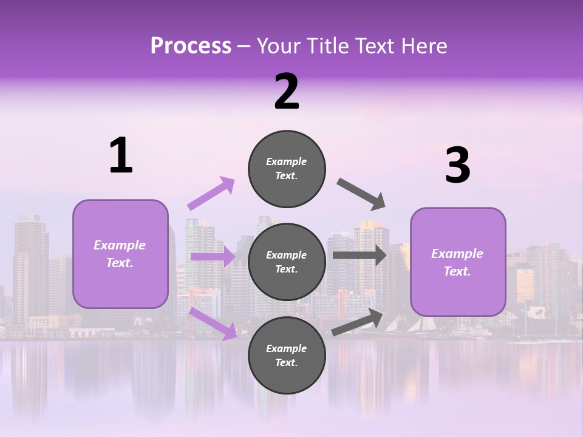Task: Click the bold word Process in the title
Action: tap(191, 46)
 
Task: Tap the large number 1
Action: tap(121, 156)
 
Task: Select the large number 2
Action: tap(287, 92)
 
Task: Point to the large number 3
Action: tap(457, 166)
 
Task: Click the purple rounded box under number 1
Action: tap(120, 254)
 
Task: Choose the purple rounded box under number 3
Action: tap(457, 262)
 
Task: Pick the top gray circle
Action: tap(287, 169)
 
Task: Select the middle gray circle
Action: tap(287, 262)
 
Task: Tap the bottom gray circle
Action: tap(287, 355)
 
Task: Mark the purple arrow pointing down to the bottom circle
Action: tap(213, 323)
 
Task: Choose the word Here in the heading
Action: tap(424, 46)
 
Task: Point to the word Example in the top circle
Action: tap(287, 161)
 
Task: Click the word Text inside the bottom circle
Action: tap(285, 362)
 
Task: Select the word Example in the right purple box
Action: tap(457, 254)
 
